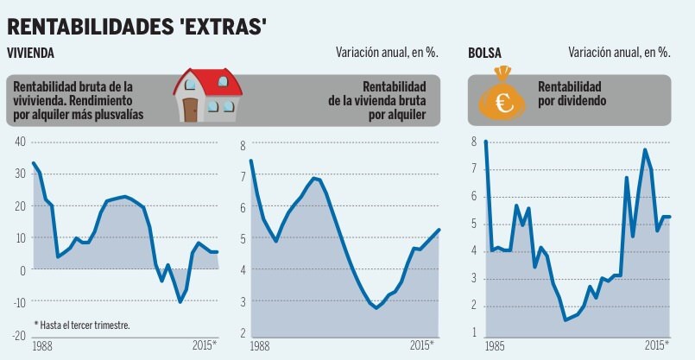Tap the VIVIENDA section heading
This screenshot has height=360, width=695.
tap(31, 53)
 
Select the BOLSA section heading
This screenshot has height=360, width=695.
tap(485, 53)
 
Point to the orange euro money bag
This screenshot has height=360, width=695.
tap(503, 97)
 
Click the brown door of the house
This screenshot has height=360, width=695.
tap(190, 110)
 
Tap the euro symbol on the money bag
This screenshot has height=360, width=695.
tap(502, 104)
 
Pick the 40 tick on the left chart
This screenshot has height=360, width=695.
tap(20, 142)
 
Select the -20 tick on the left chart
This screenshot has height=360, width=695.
tap(18, 334)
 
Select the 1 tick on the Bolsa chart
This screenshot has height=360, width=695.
tap(474, 332)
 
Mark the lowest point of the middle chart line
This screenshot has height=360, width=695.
tap(376, 307)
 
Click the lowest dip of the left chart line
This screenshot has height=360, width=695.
tap(180, 301)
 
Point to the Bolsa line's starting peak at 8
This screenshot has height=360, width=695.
tap(485, 142)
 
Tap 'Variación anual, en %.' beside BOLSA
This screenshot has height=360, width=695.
tap(619, 53)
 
